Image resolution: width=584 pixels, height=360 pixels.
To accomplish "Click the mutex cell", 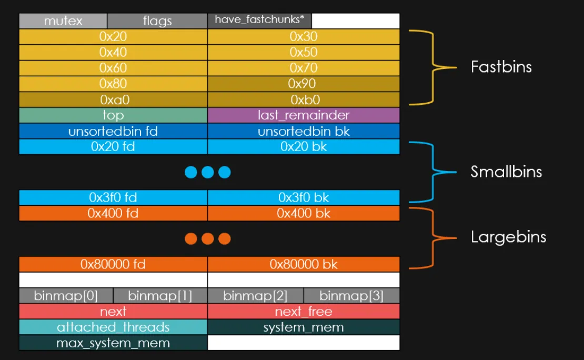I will [63, 21].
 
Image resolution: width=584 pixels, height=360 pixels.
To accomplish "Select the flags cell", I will [157, 21].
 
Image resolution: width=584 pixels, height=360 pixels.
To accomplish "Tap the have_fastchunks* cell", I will [259, 21].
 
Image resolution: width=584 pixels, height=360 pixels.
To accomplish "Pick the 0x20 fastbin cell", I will [113, 37].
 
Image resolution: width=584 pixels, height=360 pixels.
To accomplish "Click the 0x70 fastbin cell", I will [304, 68].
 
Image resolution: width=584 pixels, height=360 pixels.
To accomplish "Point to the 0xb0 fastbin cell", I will [304, 99].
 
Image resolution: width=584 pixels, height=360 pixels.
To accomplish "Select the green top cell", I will [113, 115].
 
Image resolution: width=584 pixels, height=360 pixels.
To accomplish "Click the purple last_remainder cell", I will [304, 115].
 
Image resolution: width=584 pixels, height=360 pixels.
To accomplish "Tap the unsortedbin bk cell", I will [304, 131].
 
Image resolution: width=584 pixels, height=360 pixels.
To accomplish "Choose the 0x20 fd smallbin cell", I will [113, 147].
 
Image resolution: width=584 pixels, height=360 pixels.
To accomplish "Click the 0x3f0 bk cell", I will [304, 197].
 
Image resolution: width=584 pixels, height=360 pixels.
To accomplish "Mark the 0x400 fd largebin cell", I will [113, 213].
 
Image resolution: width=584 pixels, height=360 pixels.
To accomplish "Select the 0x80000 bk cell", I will [304, 264].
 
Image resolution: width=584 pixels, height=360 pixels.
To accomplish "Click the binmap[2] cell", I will [256, 296].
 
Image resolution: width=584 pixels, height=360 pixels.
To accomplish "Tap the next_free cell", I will [304, 312].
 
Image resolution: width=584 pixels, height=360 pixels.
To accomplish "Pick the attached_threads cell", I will [113, 327].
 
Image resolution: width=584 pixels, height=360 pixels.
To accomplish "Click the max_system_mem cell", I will [113, 343].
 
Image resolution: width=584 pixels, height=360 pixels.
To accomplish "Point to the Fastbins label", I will [501, 67].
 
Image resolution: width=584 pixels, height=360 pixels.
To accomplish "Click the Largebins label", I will [508, 237].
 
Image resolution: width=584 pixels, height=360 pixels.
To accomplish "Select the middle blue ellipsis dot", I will [208, 172].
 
